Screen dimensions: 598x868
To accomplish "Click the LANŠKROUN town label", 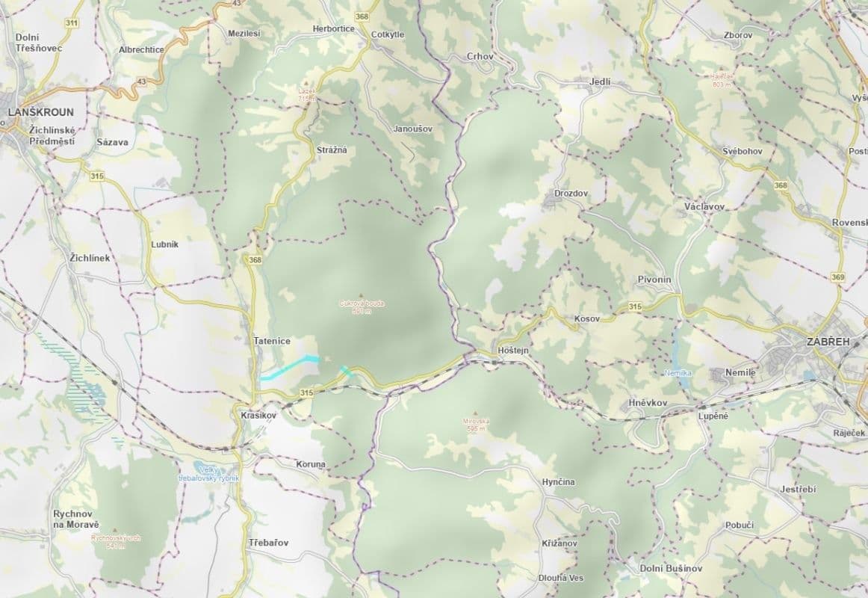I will (40, 112).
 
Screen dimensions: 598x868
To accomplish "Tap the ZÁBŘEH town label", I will (828, 342).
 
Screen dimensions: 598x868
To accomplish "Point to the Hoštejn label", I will (512, 351).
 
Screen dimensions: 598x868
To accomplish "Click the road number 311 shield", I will (72, 23).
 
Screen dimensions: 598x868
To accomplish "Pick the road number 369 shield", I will (837, 277).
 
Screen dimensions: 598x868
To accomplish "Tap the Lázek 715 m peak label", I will (307, 94).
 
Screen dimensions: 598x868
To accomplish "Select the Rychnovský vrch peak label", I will (115, 540).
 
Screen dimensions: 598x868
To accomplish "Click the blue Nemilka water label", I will (678, 372).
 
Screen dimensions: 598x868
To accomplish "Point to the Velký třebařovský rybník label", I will (208, 473).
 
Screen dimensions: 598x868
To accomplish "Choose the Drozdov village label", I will (571, 194).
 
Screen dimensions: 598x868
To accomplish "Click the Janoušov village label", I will (413, 129).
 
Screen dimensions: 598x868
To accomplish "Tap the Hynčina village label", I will (558, 482).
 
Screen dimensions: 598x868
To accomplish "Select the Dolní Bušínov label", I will (671, 568).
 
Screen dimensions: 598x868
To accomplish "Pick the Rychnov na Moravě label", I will (76, 520).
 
